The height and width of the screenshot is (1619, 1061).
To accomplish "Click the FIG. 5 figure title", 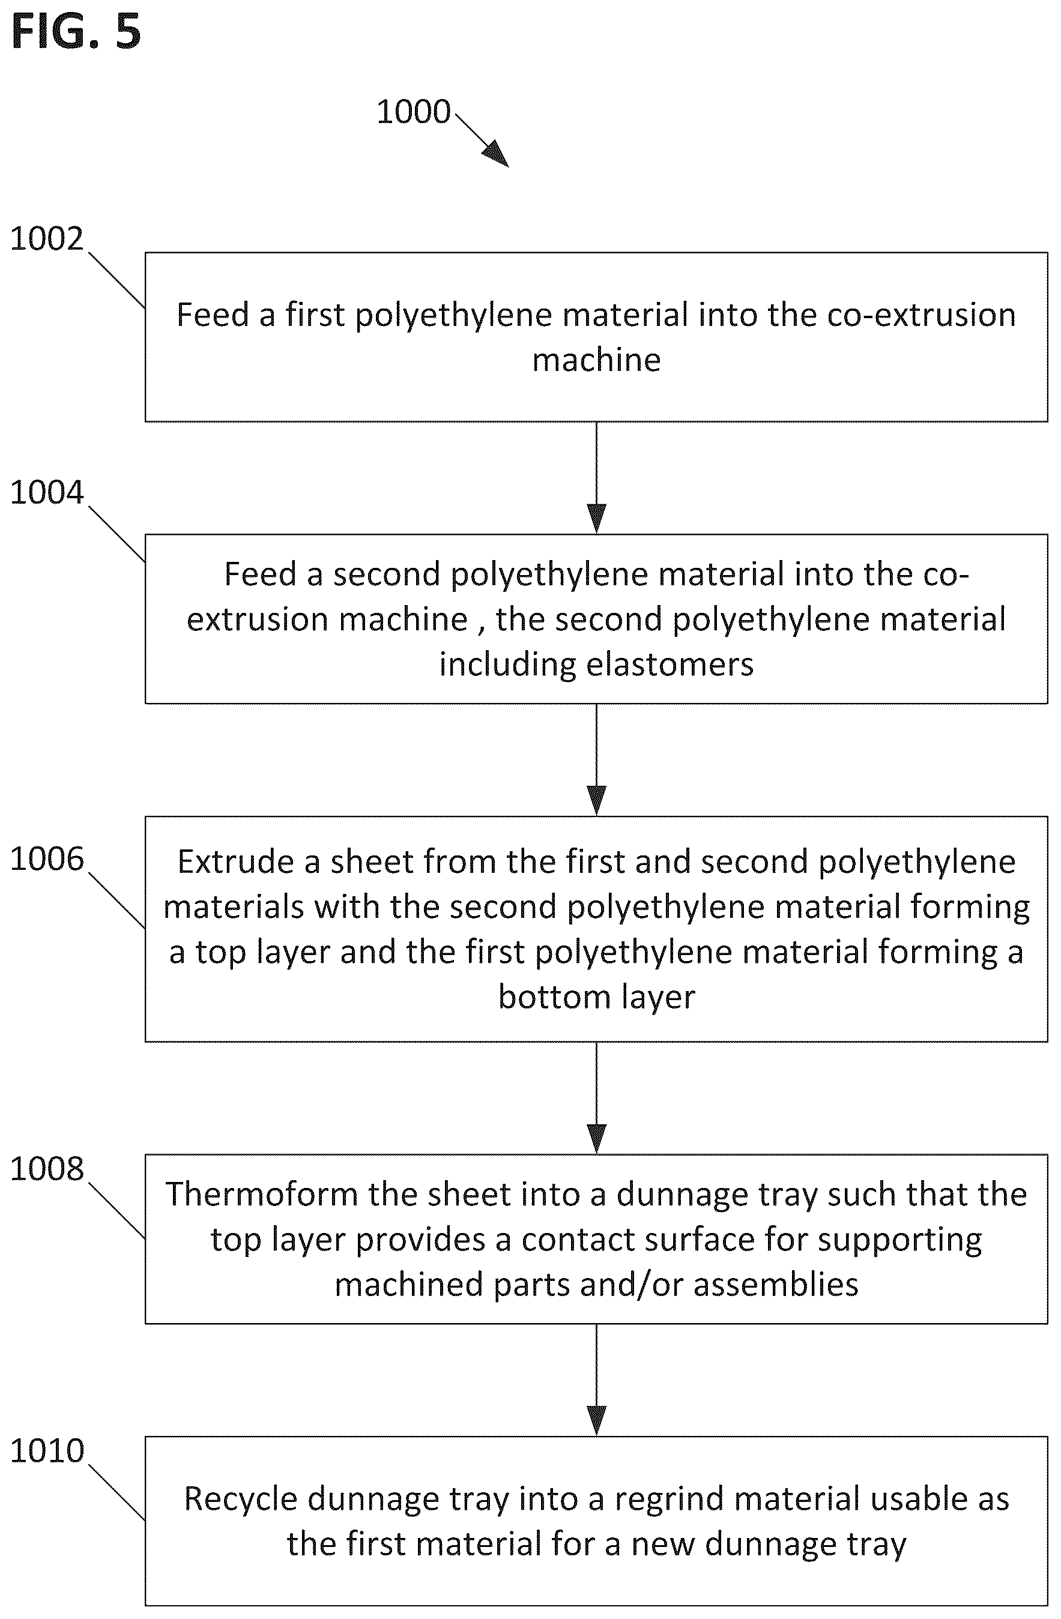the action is [x=76, y=31].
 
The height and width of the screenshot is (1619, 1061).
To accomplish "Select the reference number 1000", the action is [x=413, y=112].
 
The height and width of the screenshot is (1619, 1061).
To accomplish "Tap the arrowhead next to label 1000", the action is [x=496, y=154].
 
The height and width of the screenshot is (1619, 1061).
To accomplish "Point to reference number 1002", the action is [x=46, y=239].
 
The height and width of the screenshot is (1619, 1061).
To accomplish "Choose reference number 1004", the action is [x=46, y=492].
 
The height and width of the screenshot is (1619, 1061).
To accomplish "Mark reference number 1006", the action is [x=46, y=859].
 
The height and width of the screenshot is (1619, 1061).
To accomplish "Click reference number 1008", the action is [x=46, y=1169].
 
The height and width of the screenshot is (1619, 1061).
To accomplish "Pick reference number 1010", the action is [x=46, y=1451].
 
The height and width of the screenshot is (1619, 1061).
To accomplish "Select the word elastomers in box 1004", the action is [x=670, y=664].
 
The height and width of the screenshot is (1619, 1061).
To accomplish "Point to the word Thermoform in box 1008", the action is [x=262, y=1194].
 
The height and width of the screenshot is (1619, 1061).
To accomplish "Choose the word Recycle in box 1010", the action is [x=241, y=1500].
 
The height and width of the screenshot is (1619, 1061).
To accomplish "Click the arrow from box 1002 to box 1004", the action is [x=596, y=478].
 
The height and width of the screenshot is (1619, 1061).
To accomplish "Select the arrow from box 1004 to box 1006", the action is [x=596, y=760].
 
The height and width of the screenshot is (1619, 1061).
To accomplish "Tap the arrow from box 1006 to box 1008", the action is [x=596, y=1098].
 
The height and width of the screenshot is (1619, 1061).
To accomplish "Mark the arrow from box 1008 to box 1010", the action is [x=596, y=1380].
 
